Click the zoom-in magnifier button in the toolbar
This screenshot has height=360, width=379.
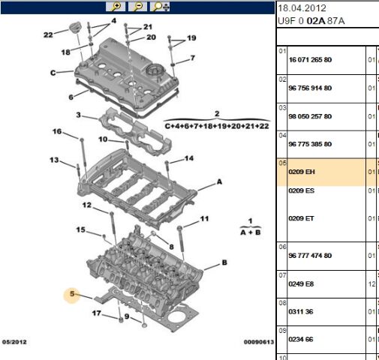click(x=117, y=7)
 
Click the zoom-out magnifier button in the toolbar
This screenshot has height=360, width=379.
click(x=138, y=7)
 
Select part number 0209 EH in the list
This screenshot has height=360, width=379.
click(x=302, y=172)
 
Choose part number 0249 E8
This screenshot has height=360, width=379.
click(x=302, y=284)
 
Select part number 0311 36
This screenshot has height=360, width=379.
click(x=301, y=313)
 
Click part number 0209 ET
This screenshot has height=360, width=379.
click(x=302, y=218)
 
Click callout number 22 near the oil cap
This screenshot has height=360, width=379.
click(x=48, y=34)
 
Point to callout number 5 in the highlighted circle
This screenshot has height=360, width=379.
click(x=73, y=295)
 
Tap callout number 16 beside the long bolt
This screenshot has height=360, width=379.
click(x=57, y=132)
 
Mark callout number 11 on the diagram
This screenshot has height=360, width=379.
click(x=203, y=219)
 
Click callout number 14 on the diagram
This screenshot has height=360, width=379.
click(x=189, y=157)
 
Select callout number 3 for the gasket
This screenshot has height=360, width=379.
click(x=78, y=115)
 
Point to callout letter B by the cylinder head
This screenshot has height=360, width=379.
click(x=224, y=263)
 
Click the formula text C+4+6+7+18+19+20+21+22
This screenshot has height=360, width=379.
click(x=216, y=126)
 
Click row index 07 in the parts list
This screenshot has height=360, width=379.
click(x=283, y=275)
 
